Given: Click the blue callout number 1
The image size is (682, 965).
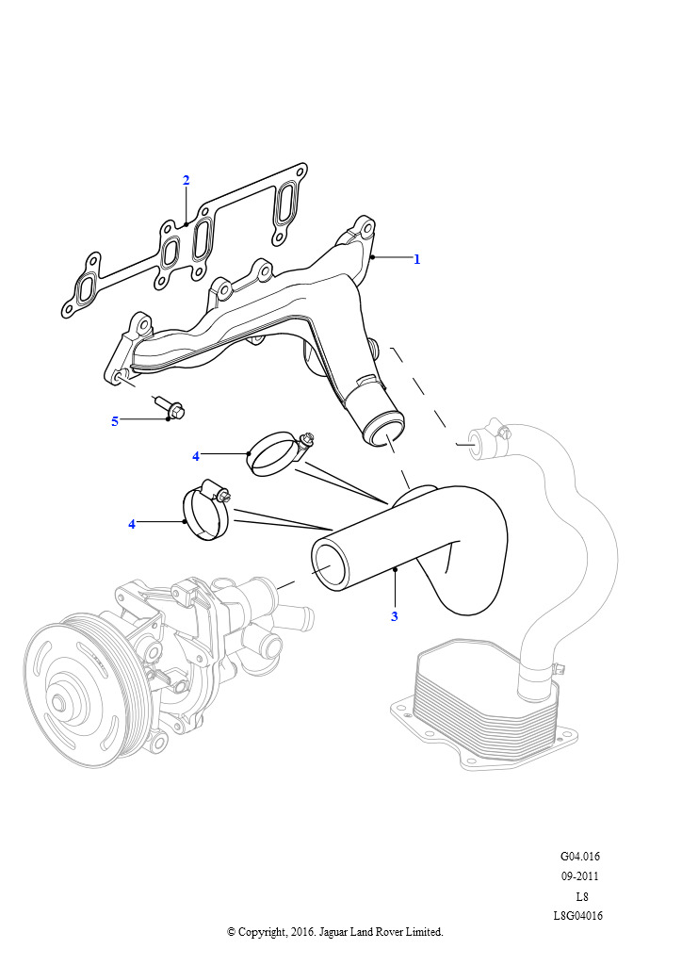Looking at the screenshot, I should pyautogui.click(x=417, y=259).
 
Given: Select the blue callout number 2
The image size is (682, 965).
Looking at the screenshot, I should pyautogui.click(x=187, y=180).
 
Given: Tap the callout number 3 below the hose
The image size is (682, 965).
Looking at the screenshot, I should pyautogui.click(x=395, y=617).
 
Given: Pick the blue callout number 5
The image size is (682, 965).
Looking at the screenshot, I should pyautogui.click(x=115, y=421).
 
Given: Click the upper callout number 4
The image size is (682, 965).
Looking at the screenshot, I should pyautogui.click(x=196, y=456).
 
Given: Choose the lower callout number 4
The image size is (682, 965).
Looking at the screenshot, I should pyautogui.click(x=132, y=524).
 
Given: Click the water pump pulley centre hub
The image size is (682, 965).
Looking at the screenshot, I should pyautogui.click(x=60, y=702).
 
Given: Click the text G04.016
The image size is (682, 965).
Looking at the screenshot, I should pyautogui.click(x=580, y=857).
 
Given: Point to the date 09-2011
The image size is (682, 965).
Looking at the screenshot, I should pyautogui.click(x=580, y=876).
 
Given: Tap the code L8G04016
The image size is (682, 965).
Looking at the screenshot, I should pyautogui.click(x=578, y=916).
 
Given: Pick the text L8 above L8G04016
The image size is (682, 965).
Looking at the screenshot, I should pyautogui.click(x=581, y=896).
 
